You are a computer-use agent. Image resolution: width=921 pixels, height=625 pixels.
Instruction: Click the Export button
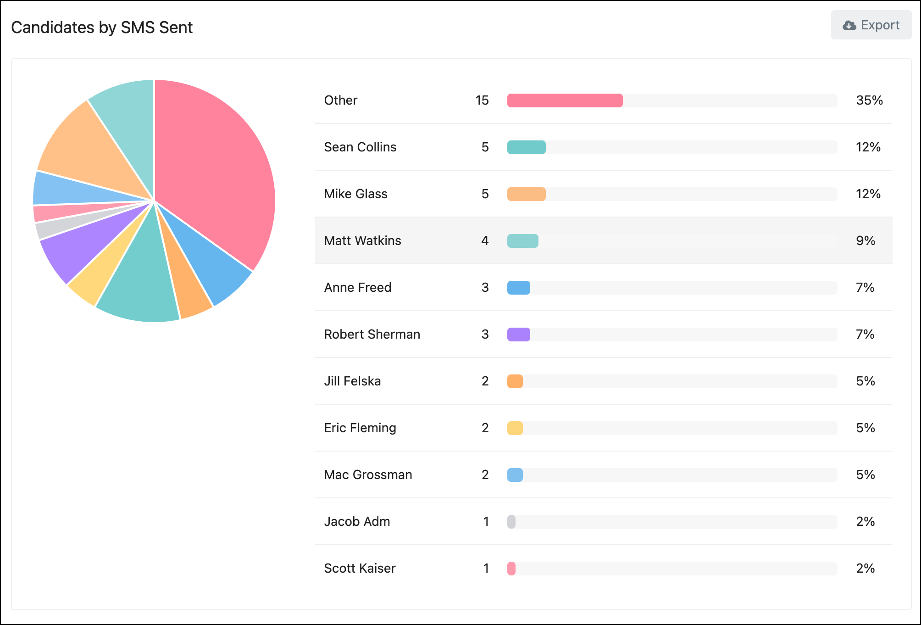pos(871,25)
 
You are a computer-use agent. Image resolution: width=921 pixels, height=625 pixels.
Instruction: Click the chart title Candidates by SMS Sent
pos(102,28)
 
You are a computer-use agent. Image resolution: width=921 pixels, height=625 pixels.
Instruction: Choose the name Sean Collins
pos(360,147)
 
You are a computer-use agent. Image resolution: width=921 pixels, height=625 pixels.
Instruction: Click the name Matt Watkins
pos(362,241)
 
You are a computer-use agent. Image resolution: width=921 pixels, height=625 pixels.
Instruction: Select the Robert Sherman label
pos(372,335)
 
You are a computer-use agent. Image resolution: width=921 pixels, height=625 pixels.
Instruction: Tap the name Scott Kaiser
pos(360,569)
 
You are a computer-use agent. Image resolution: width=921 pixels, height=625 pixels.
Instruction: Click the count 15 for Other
pos(482,100)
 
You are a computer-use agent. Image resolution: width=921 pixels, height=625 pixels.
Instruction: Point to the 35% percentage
pos(869,100)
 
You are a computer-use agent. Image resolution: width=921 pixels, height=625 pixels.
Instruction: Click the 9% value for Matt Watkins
pos(866,241)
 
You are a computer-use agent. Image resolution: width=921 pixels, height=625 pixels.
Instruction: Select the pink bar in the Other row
pos(565,100)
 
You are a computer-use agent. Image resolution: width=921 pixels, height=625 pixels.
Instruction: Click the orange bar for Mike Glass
pos(526,194)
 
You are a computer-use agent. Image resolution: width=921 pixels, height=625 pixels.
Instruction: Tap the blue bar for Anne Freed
pos(518,288)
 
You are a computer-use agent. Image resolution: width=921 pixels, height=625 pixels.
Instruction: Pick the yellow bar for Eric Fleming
pos(515,428)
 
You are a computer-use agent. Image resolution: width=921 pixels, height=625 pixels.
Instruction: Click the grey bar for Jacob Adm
pos(511,522)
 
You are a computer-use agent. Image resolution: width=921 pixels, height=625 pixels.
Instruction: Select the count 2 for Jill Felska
pos(485,381)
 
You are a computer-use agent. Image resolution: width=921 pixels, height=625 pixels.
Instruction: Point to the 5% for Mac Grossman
pos(866,475)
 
